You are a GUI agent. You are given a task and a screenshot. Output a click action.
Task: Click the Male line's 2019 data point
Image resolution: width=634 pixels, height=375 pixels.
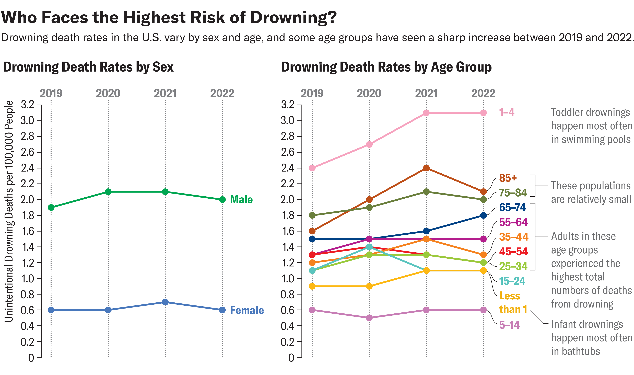(x=51, y=208)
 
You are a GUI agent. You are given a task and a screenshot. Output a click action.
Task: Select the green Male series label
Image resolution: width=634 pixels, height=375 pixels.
(x=241, y=199)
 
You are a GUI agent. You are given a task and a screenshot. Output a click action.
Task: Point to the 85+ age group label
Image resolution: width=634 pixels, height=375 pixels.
(x=508, y=178)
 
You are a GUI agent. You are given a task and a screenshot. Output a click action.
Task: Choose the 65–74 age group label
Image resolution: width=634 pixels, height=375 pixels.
(x=512, y=208)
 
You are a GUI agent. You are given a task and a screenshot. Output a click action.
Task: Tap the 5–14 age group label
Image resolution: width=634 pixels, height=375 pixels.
(x=509, y=325)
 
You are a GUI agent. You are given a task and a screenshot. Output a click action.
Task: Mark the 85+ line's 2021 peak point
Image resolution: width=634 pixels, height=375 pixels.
(x=426, y=168)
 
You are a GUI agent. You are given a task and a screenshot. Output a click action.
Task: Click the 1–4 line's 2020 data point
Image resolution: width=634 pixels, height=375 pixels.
(x=369, y=144)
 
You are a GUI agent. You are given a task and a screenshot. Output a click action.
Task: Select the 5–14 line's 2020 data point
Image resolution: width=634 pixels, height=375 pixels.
(x=369, y=318)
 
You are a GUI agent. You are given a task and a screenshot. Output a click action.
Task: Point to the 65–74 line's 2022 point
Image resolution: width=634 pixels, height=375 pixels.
(x=483, y=215)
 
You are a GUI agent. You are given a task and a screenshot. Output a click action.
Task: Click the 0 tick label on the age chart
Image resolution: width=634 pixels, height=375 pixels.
(x=291, y=358)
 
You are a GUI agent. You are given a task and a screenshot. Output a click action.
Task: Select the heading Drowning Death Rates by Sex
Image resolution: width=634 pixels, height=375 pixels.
(x=88, y=67)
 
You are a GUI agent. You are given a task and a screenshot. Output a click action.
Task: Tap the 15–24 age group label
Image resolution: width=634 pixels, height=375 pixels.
(x=512, y=281)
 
